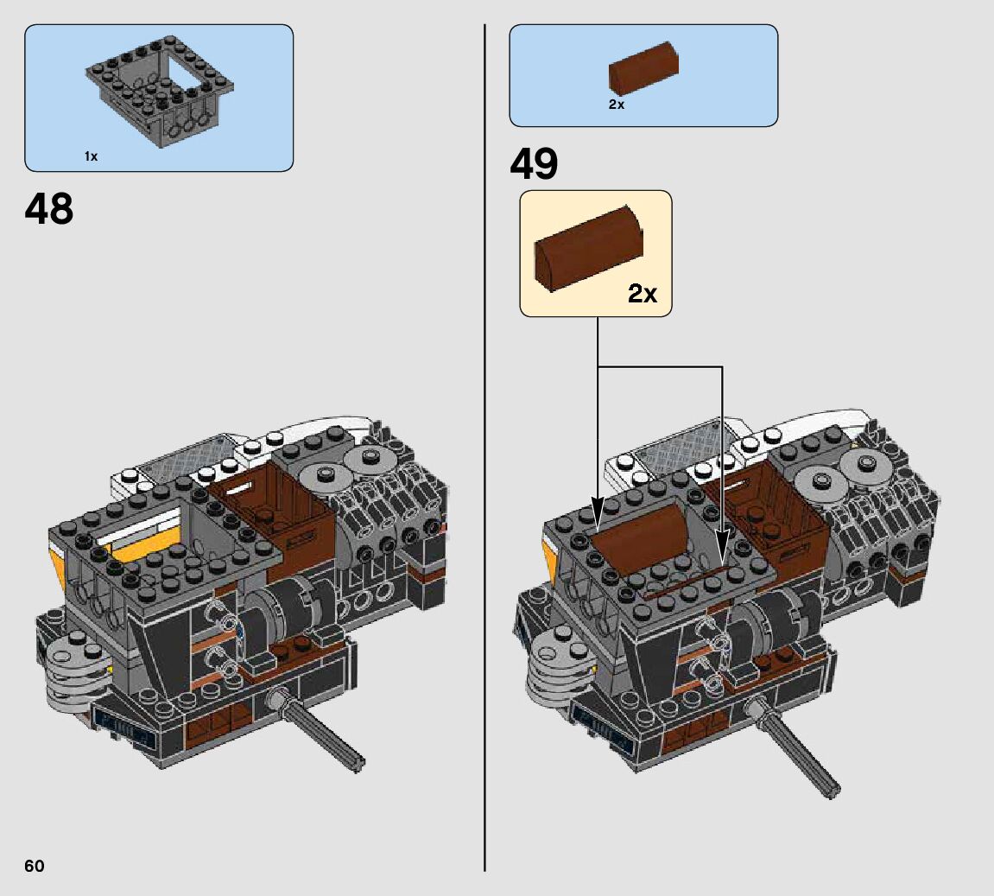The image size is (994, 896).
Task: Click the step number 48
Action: click(x=49, y=208)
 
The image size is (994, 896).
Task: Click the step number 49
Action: click(x=534, y=163)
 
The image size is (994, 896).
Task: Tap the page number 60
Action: click(x=35, y=867)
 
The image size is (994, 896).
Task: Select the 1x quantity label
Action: click(x=91, y=156)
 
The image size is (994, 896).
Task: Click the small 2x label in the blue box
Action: click(x=617, y=105)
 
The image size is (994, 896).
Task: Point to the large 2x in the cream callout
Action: click(x=643, y=293)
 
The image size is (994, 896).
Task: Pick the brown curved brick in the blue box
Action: click(x=643, y=68)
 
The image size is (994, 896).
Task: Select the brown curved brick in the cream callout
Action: click(x=589, y=248)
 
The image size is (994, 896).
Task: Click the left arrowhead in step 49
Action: click(x=597, y=512)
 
